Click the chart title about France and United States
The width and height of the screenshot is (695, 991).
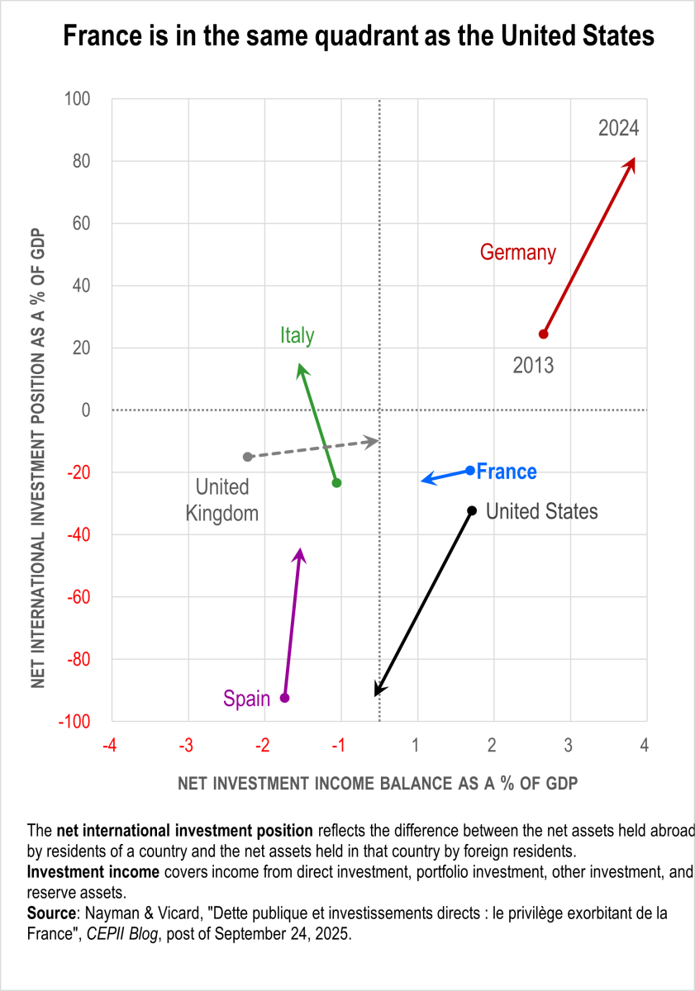347,37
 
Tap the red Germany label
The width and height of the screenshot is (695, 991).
518,253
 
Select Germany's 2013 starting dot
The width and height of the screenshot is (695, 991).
543,334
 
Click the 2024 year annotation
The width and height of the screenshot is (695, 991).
619,128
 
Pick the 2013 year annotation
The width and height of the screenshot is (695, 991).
533,364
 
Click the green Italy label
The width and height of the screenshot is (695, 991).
298,335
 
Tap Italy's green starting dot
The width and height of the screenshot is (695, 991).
336,483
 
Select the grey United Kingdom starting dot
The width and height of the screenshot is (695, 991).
247,457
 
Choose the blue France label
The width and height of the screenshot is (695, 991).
507,472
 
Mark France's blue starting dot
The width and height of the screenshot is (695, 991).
470,471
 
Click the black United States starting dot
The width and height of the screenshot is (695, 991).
472,511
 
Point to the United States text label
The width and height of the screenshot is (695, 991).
541,512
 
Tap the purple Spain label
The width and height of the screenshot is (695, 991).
246,699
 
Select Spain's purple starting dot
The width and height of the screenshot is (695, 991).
285,698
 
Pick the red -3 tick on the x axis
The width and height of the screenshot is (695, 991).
186,746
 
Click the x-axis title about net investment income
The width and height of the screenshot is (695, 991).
377,784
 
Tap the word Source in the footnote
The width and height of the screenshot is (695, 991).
45,914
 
